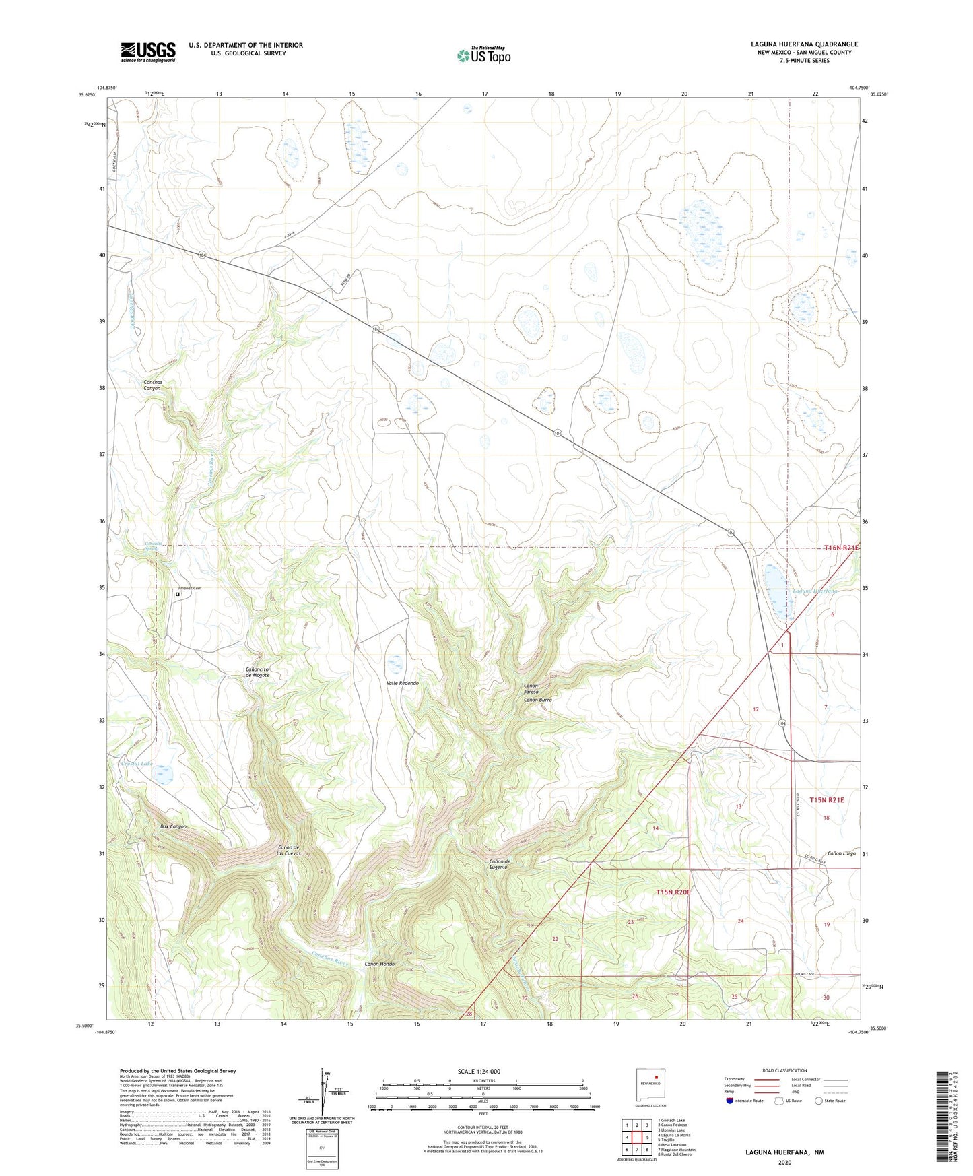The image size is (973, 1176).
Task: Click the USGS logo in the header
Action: point(148,52)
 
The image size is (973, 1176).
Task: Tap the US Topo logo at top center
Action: point(483,55)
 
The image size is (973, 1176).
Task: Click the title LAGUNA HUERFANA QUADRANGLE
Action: point(804,44)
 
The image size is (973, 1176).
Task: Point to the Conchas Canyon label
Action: point(152,385)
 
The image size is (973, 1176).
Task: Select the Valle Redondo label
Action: point(402,683)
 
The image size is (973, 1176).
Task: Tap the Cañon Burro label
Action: point(538,700)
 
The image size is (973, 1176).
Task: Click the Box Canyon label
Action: point(173,826)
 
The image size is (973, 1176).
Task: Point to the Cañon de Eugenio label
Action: point(499,864)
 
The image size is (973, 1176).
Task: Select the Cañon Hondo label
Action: point(379,964)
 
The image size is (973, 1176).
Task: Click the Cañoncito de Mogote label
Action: point(257,672)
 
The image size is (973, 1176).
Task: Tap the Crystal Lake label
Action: point(136,763)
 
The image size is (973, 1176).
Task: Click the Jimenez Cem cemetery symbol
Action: point(178,595)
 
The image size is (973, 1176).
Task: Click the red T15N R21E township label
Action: point(826,800)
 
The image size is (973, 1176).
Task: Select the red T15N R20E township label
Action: point(673,892)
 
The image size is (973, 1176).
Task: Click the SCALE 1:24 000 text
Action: point(479,1071)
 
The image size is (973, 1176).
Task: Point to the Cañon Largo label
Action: point(841,853)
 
